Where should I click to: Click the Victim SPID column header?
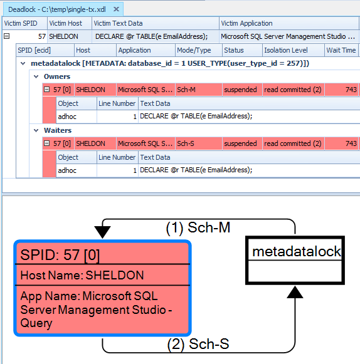[21, 23]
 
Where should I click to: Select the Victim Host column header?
[66, 23]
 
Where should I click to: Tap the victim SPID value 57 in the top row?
[41, 36]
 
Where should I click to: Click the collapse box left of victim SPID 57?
[7, 36]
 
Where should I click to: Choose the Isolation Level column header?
[285, 50]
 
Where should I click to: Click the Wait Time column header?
[341, 50]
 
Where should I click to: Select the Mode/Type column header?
[194, 50]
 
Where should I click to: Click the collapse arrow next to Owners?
[36, 76]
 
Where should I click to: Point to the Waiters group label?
[58, 130]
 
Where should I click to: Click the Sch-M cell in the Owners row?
[186, 90]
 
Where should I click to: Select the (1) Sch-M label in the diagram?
[198, 227]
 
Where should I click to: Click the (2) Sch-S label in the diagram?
[198, 344]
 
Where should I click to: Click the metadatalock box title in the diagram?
[296, 251]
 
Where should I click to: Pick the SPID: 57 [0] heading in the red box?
[60, 254]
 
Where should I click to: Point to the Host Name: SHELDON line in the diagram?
[82, 275]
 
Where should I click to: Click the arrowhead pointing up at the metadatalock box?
[295, 291]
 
